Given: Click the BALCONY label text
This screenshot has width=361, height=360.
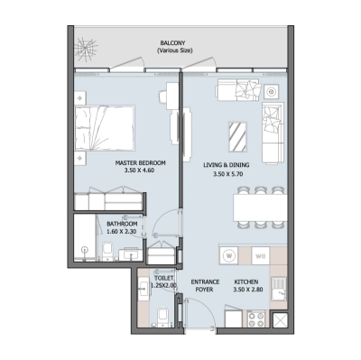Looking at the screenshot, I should tap(172, 42).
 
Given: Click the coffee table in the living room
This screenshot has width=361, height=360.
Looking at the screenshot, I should tap(238, 134).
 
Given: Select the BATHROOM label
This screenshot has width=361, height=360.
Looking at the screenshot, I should tap(122, 225).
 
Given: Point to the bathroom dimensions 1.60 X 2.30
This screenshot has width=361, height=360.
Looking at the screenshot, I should tap(122, 233).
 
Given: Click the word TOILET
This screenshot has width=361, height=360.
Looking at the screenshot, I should tap(164, 279).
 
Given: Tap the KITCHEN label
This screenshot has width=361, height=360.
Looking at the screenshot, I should tap(256, 282).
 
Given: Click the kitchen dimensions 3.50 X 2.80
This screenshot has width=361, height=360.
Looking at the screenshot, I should tap(256, 291).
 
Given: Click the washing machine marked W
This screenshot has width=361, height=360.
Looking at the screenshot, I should tap(230, 255).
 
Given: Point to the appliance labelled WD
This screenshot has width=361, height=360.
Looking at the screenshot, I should tap(258, 255).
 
